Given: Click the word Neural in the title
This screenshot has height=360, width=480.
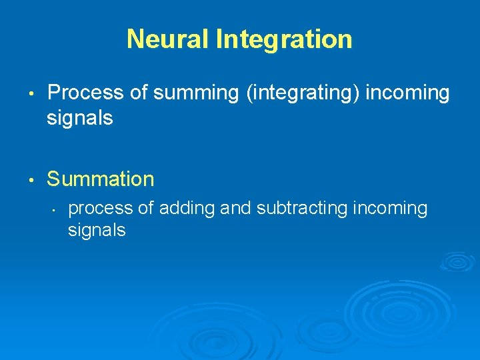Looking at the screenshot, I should (167, 39).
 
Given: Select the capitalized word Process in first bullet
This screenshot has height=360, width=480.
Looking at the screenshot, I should (86, 93).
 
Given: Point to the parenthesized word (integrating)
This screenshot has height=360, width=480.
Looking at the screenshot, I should (303, 93).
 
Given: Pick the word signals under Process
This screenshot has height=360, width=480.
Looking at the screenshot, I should (80, 119).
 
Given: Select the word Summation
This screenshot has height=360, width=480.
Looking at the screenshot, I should (101, 179).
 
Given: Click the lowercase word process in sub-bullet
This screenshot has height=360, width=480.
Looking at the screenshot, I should (101, 209).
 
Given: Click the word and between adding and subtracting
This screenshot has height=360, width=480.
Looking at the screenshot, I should (233, 209).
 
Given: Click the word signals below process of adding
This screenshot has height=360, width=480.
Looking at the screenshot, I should (97, 231).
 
